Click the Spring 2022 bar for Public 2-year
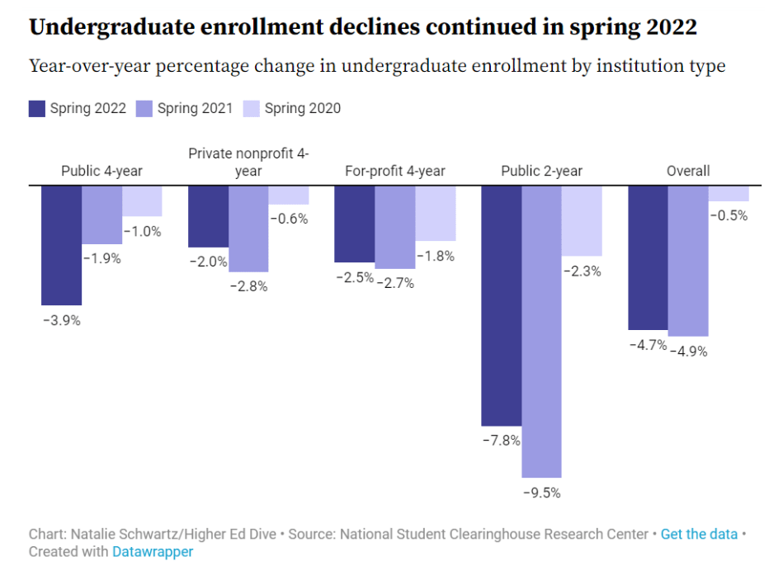point(501,305)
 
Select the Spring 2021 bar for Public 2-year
point(541,331)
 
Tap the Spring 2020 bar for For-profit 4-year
point(435,213)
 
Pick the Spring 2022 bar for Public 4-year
point(62,245)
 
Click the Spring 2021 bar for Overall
point(688,261)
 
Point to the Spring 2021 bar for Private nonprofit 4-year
point(248,229)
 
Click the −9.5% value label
point(541,493)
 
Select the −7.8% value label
point(501,441)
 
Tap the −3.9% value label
point(62,321)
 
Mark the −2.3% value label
point(582,271)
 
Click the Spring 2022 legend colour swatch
point(37,108)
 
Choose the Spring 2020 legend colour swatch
point(252,108)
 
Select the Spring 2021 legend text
point(195,108)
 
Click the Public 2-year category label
point(541,172)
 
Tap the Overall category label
point(688,172)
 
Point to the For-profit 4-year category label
point(394,172)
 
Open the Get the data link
point(699,534)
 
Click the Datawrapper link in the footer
point(153,552)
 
